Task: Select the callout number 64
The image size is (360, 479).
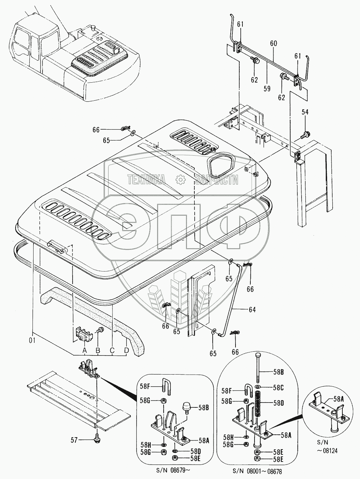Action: point(252,310)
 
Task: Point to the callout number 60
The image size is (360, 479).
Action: point(274,44)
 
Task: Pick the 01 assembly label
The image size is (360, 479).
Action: point(32,341)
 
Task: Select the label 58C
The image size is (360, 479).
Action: point(278,388)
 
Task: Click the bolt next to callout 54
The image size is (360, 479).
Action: point(306,134)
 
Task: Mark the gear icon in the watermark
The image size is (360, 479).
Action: point(180,179)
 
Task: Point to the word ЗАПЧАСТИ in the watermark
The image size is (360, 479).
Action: point(216,179)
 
